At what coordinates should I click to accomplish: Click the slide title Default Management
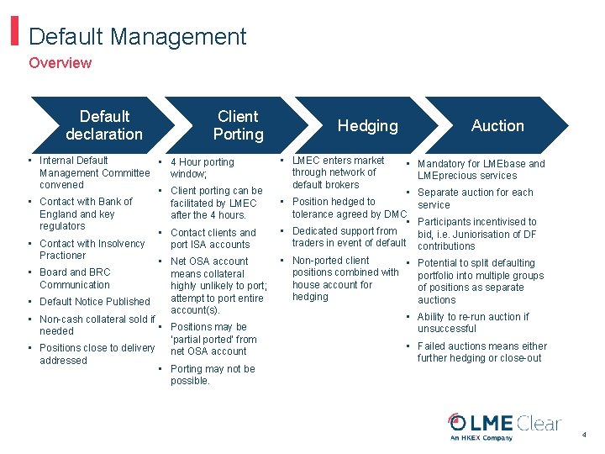coord(137,37)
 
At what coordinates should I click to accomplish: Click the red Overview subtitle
coord(60,63)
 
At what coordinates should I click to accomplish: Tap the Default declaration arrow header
coord(104,125)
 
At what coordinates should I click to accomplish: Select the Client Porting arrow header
coord(238,125)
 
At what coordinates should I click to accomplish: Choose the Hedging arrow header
coord(367,126)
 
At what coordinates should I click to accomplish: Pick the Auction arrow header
coord(497,126)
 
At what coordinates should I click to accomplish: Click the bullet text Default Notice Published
coord(95,302)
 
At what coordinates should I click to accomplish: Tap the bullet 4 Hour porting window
coord(202,168)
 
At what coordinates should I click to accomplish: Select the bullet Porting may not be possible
coord(212,375)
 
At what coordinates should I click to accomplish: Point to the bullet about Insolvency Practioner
coord(92,250)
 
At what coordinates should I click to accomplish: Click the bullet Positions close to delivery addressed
coord(97,354)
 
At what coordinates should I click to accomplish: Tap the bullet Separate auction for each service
coord(475,198)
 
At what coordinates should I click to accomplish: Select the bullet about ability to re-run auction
coord(473,323)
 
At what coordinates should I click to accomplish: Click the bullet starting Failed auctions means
coord(481,352)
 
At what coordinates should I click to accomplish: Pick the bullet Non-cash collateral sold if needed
coord(97,325)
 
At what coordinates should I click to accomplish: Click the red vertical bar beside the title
coord(14,33)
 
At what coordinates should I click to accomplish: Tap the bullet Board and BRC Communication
coord(75,278)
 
